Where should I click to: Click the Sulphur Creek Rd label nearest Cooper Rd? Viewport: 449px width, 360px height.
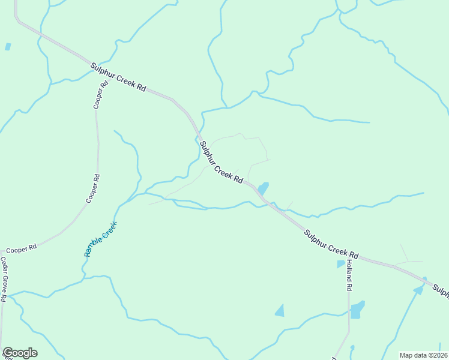pyautogui.click(x=118, y=77)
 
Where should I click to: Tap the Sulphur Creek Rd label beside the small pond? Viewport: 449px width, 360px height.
pyautogui.click(x=221, y=163)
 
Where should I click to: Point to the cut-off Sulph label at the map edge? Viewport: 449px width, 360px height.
pyautogui.click(x=441, y=292)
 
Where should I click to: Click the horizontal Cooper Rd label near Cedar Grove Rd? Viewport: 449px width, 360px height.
pyautogui.click(x=22, y=248)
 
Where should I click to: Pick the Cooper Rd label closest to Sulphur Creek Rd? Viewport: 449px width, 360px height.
pyautogui.click(x=101, y=95)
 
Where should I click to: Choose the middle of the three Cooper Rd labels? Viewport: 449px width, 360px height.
pyautogui.click(x=93, y=188)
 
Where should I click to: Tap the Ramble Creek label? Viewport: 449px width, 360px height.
pyautogui.click(x=100, y=239)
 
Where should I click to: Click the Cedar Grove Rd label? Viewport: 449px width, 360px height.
pyautogui.click(x=4, y=280)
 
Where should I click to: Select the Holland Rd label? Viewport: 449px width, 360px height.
pyautogui.click(x=348, y=277)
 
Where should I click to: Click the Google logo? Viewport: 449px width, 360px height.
pyautogui.click(x=20, y=353)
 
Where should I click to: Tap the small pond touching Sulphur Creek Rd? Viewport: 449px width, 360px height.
pyautogui.click(x=263, y=188)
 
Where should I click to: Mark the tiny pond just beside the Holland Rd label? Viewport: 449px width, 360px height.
pyautogui.click(x=340, y=263)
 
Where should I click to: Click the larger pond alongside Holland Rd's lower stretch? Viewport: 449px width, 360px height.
pyautogui.click(x=357, y=310)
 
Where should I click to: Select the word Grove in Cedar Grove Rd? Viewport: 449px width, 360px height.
pyautogui.click(x=4, y=280)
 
